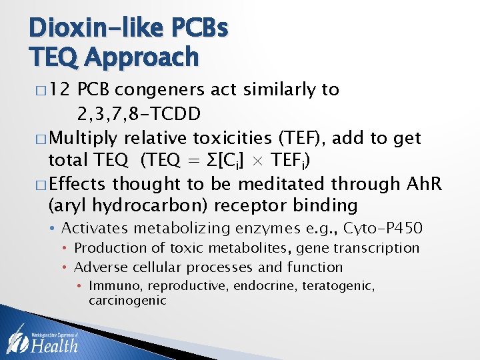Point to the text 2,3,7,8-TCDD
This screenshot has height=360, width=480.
point(139,113)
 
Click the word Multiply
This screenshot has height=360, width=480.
point(85,138)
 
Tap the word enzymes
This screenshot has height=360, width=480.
point(262,229)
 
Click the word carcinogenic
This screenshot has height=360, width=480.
point(127,301)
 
